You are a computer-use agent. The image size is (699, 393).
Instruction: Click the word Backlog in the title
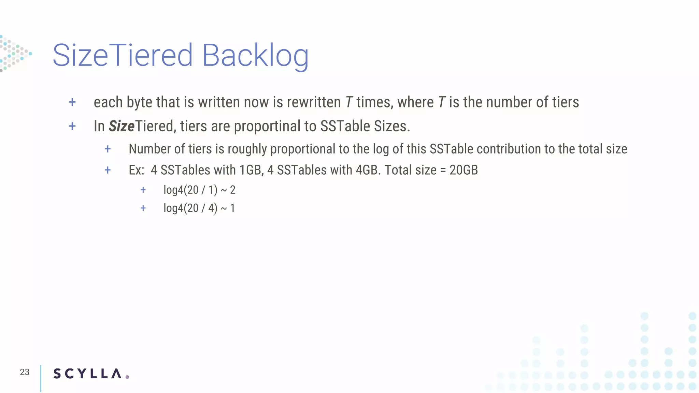point(255,55)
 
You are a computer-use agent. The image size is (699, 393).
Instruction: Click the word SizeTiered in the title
point(123,55)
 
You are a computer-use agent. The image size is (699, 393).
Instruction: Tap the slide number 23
point(25,372)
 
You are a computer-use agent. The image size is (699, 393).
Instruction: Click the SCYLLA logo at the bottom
point(87,374)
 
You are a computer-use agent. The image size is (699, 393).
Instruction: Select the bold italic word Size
point(122,126)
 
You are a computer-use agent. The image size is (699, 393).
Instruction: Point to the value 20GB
point(463,170)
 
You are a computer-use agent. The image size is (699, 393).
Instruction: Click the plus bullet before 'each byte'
point(72,102)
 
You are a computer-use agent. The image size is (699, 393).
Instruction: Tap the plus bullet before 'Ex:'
point(108,170)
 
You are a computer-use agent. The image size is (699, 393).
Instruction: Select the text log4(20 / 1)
point(190,190)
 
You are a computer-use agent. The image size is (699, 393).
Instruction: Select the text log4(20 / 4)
point(190,208)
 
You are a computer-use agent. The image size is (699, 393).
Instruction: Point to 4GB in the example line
point(367,170)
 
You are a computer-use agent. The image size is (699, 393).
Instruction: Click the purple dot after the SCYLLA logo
point(127,377)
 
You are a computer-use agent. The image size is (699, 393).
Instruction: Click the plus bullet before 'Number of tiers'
point(108,149)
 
